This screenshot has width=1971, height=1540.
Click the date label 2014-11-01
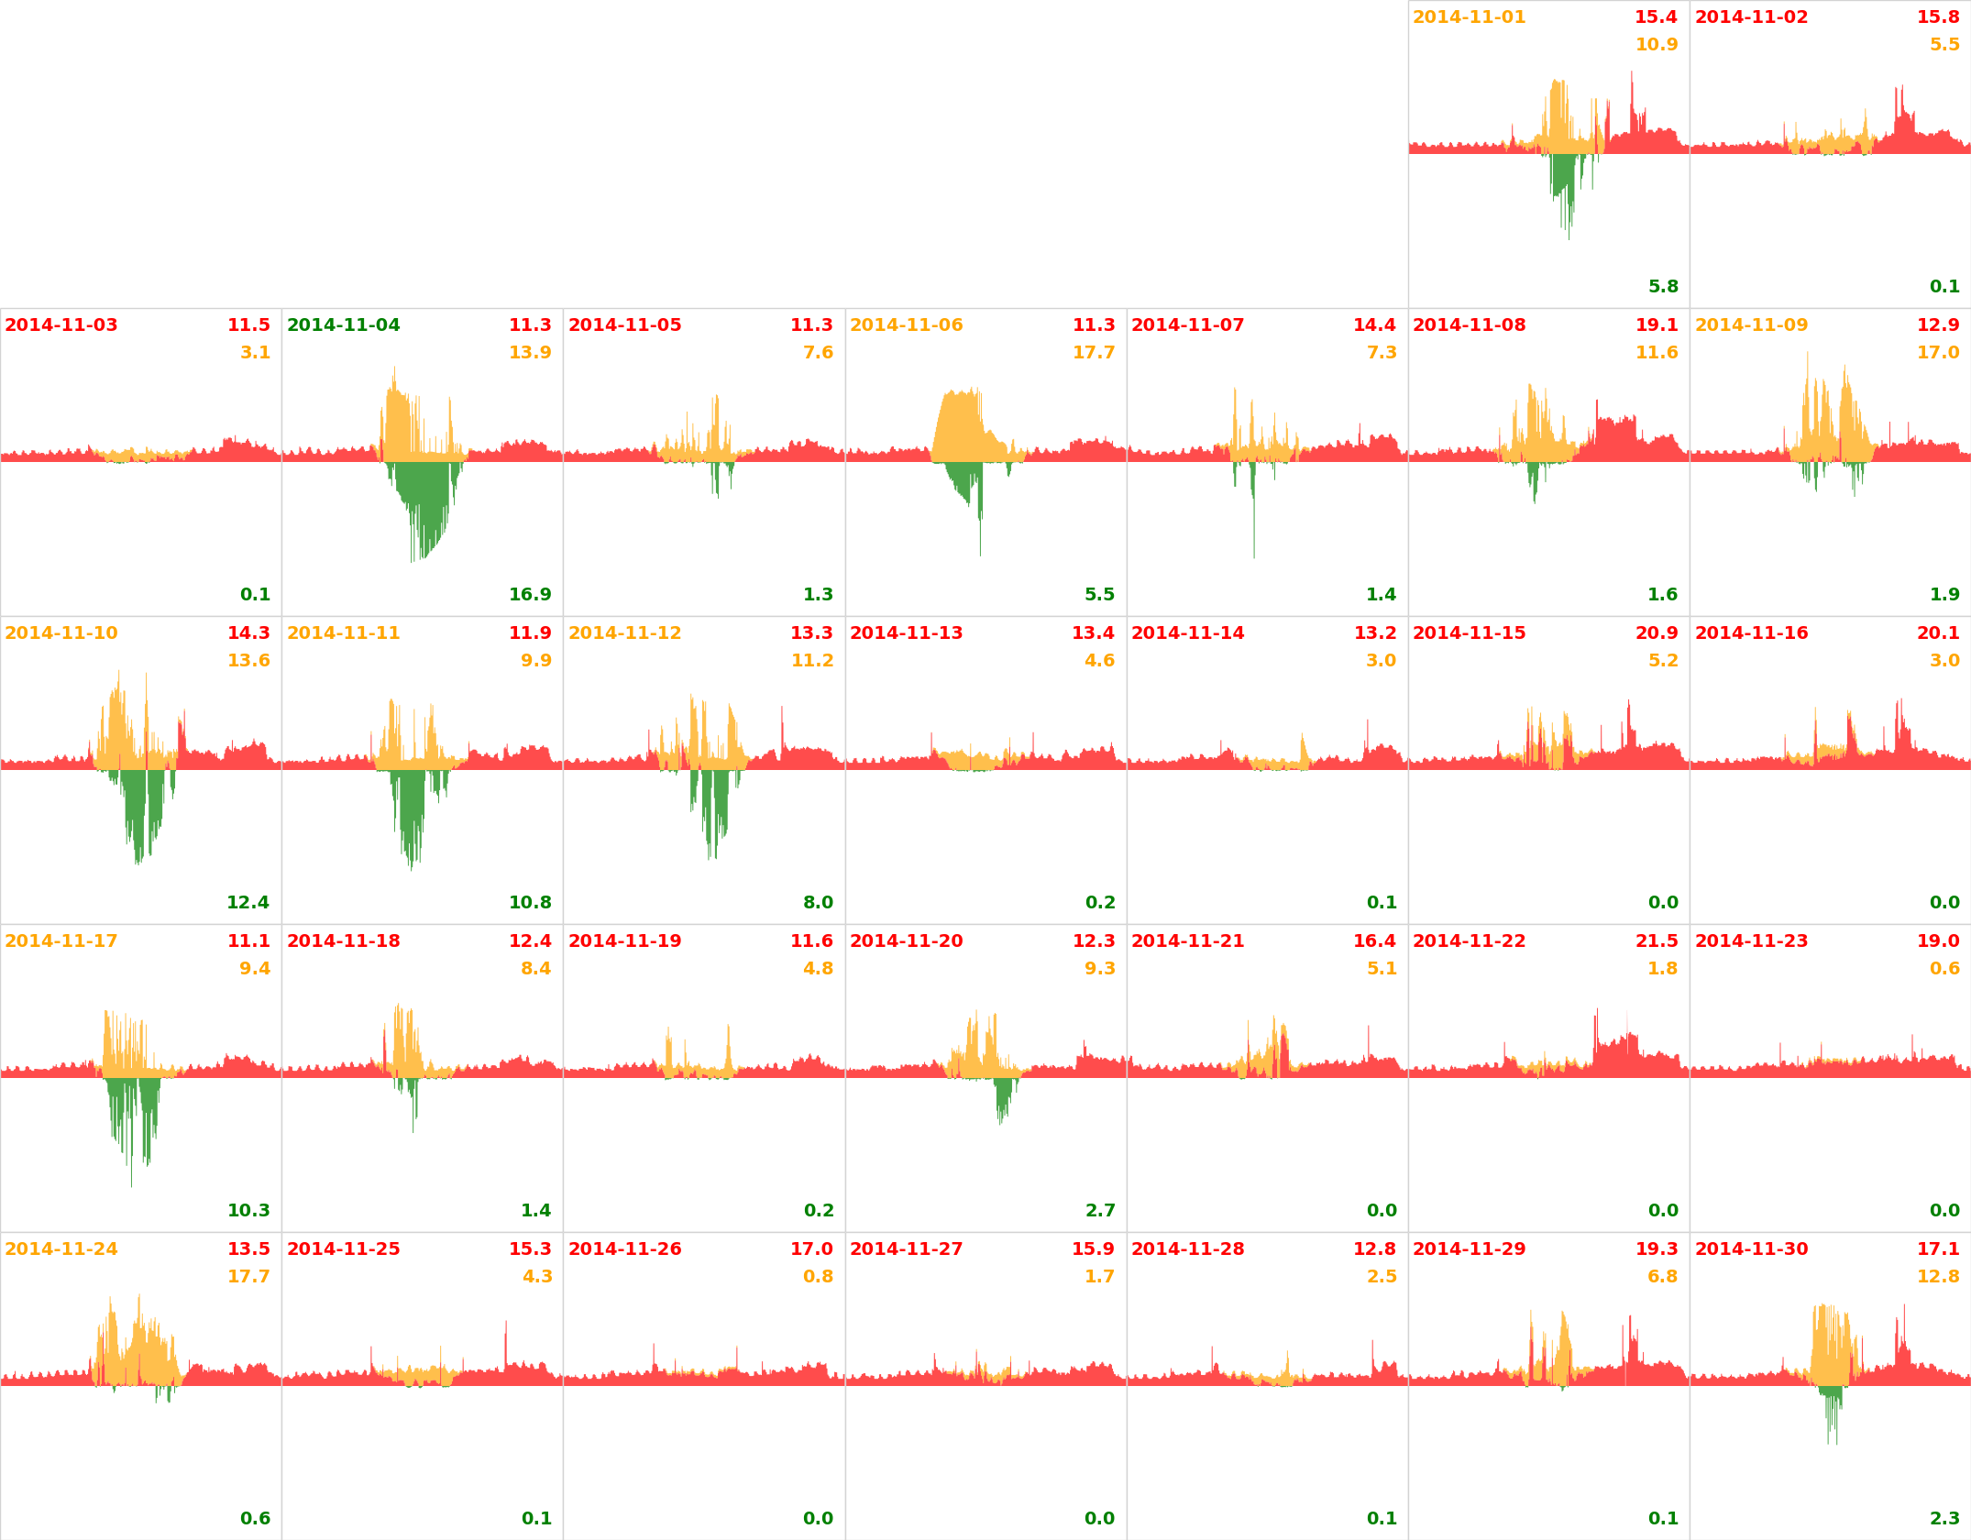tap(1469, 17)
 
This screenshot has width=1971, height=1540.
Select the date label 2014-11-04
tap(343, 325)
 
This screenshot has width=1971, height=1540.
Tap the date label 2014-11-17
tap(61, 941)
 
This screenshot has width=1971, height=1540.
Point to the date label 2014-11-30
tap(1751, 1249)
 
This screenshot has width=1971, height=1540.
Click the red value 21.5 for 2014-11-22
tap(1657, 941)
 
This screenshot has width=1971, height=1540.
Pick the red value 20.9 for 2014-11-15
tap(1657, 633)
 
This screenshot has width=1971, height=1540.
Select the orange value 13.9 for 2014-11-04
tap(530, 353)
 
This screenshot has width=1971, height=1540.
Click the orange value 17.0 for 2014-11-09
tap(1938, 353)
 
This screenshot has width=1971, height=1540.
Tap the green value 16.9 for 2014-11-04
tap(530, 595)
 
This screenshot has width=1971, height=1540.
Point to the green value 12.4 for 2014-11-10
tap(248, 903)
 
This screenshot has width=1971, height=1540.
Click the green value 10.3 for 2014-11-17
tap(248, 1211)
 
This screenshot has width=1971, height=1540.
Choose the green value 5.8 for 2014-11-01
tap(1663, 287)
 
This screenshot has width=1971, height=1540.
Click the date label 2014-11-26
tap(624, 1249)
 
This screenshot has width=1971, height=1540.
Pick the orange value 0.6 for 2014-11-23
tap(1944, 969)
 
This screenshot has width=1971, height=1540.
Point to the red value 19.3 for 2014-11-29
tap(1657, 1249)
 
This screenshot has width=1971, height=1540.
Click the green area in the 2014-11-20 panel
tap(1003, 1095)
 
